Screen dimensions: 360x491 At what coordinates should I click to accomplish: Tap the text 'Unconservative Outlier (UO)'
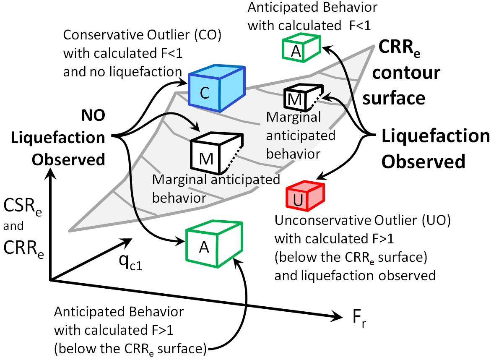[x=362, y=221]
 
